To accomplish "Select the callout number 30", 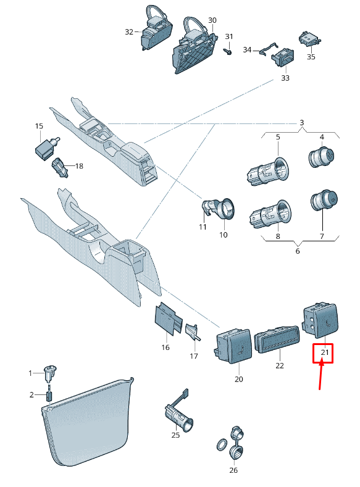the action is click(x=212, y=20).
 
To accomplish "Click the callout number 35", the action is click(x=311, y=57).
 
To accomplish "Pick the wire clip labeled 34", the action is click(x=268, y=49).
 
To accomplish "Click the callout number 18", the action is click(x=79, y=166).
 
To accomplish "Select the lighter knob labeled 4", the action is click(x=322, y=156).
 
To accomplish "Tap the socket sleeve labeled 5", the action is click(x=269, y=172).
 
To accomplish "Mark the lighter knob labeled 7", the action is click(x=324, y=201).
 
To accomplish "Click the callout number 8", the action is click(x=278, y=236).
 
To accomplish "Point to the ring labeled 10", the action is click(x=226, y=209).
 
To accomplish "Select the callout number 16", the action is click(x=165, y=348).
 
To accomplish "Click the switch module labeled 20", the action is click(x=233, y=346).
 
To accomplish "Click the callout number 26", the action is click(x=233, y=470).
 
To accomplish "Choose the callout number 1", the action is click(x=30, y=373).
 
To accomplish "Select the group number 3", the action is click(x=301, y=123).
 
